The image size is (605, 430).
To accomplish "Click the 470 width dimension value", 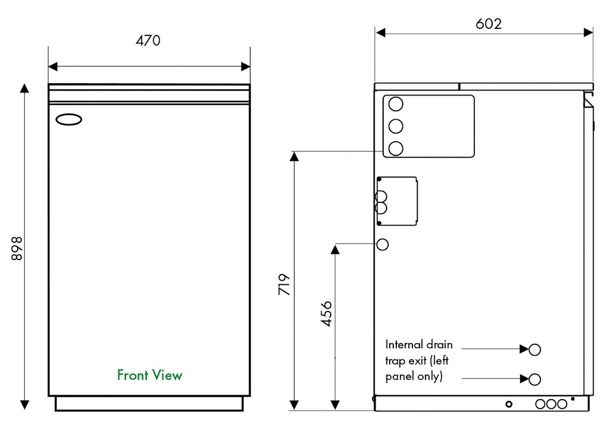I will tap(148, 40).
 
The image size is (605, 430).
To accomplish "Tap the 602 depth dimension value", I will tap(489, 24).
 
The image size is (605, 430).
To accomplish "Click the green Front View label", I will tap(150, 375).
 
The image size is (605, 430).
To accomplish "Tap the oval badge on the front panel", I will tap(68, 120).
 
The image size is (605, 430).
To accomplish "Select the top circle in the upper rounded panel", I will tap(396, 104).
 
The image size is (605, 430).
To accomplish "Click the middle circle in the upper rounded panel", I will tap(396, 126).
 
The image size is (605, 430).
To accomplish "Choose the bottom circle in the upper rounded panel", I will tap(396, 148).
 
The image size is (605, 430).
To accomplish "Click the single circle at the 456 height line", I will tap(383, 244).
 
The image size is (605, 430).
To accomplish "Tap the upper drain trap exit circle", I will tap(535, 349).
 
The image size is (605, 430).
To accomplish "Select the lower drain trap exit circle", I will tap(535, 379).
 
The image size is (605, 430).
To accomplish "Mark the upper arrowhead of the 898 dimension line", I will tap(24, 89).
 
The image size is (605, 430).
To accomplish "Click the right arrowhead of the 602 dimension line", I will tap(588, 32).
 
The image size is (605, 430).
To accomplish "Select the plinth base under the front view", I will tap(149, 403).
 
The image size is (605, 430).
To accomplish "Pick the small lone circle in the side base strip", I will tap(509, 404).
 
